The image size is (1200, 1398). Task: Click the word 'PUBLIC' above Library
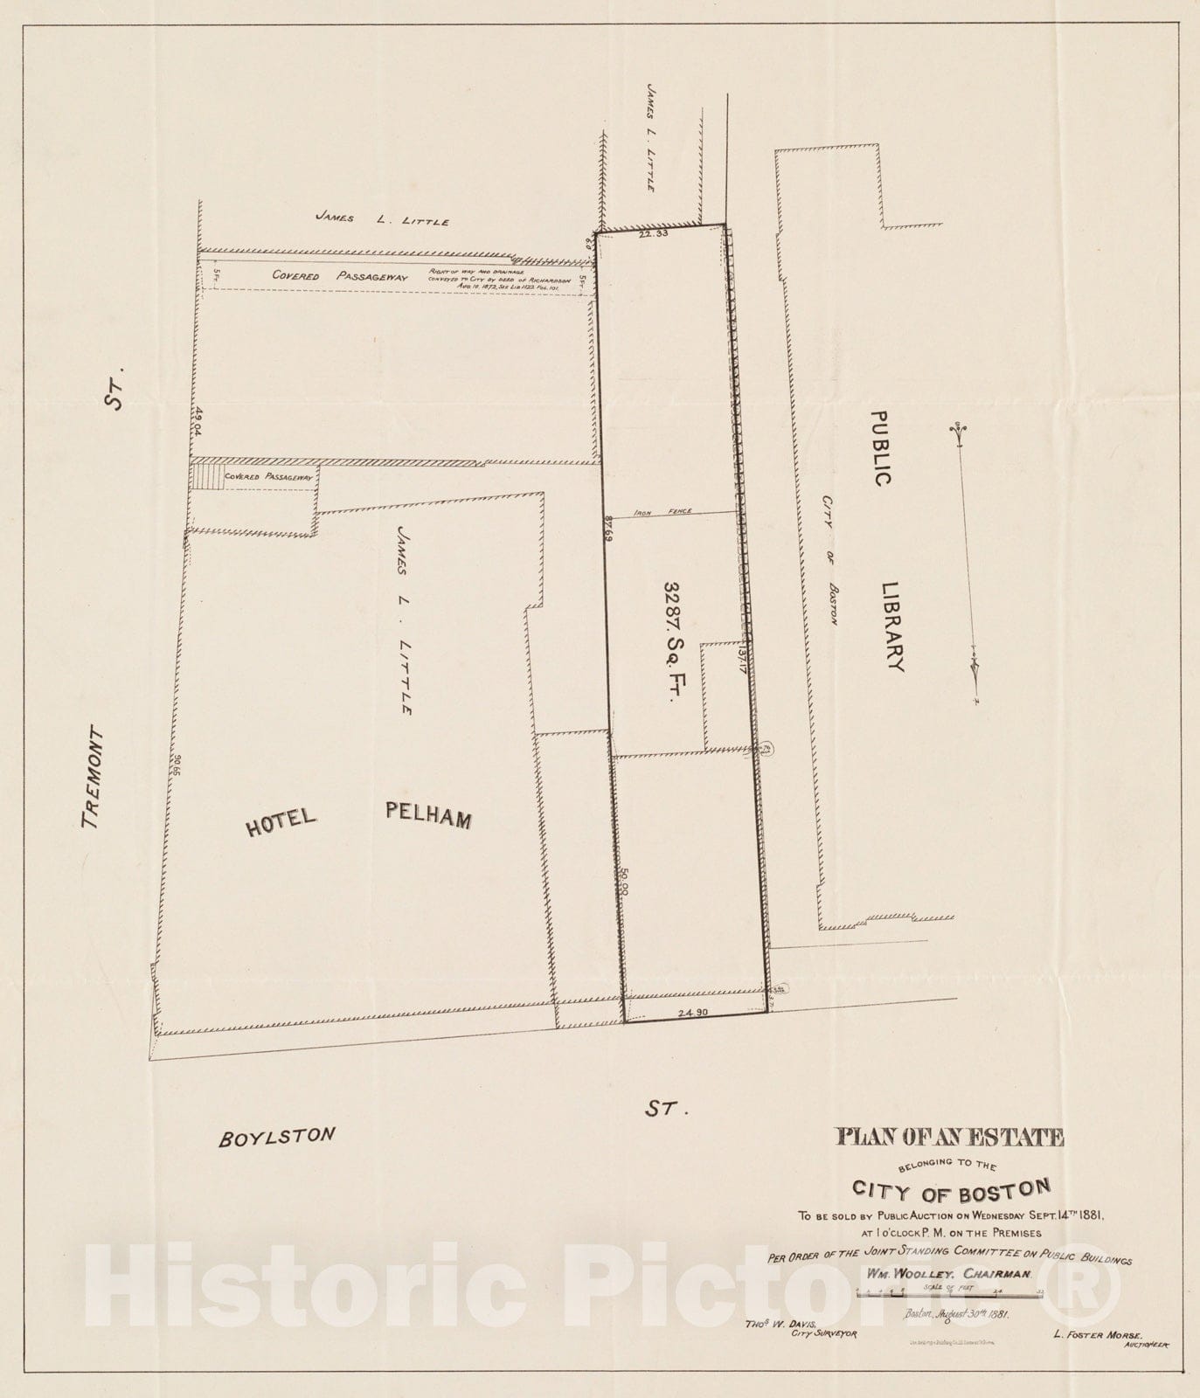pyautogui.click(x=881, y=449)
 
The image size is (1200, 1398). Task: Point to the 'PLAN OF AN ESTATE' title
pyautogui.click(x=950, y=1137)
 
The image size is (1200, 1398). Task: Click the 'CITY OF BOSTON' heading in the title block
pyautogui.click(x=950, y=1189)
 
